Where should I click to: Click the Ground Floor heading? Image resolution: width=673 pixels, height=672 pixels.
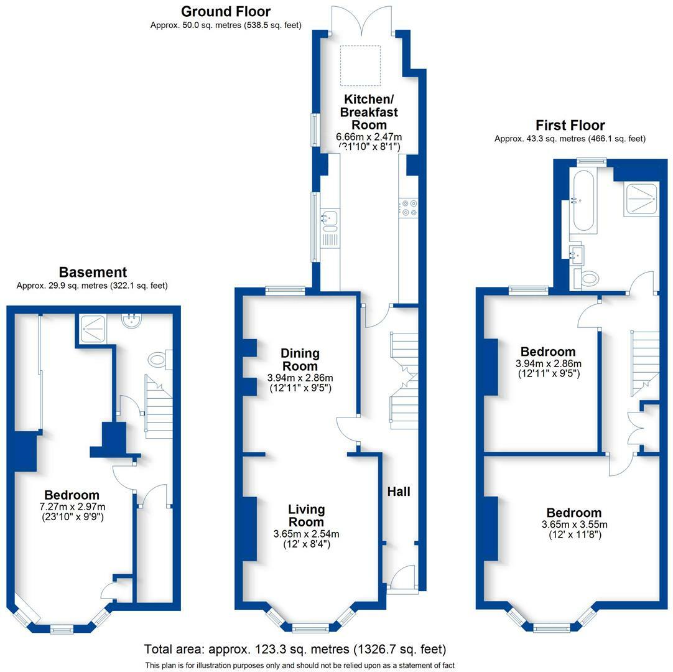click(x=226, y=12)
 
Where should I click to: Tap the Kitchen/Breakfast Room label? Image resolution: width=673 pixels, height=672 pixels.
click(x=369, y=112)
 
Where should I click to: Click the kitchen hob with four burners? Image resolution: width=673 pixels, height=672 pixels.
click(x=408, y=207)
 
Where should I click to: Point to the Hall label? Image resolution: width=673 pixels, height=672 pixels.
click(x=399, y=492)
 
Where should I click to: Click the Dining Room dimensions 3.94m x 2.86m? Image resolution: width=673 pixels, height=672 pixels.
click(x=300, y=378)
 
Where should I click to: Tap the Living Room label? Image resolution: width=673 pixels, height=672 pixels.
click(x=306, y=516)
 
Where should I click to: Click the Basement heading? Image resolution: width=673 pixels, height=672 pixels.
click(x=93, y=273)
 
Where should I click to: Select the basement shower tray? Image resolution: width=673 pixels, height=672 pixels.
click(x=92, y=329)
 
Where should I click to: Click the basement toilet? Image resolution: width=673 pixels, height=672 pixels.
click(x=160, y=360)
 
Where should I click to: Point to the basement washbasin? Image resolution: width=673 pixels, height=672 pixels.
click(x=132, y=321)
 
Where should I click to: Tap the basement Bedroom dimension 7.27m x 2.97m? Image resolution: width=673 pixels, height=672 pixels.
click(x=73, y=507)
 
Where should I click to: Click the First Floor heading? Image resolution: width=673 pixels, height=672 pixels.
click(x=570, y=126)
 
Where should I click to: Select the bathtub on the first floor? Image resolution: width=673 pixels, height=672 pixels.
click(x=583, y=202)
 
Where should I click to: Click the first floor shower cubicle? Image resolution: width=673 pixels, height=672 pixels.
click(x=641, y=200)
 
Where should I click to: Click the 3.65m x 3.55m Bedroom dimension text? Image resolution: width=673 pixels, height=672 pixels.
click(x=575, y=525)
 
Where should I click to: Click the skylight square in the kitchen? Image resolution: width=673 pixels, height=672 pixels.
click(x=361, y=66)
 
